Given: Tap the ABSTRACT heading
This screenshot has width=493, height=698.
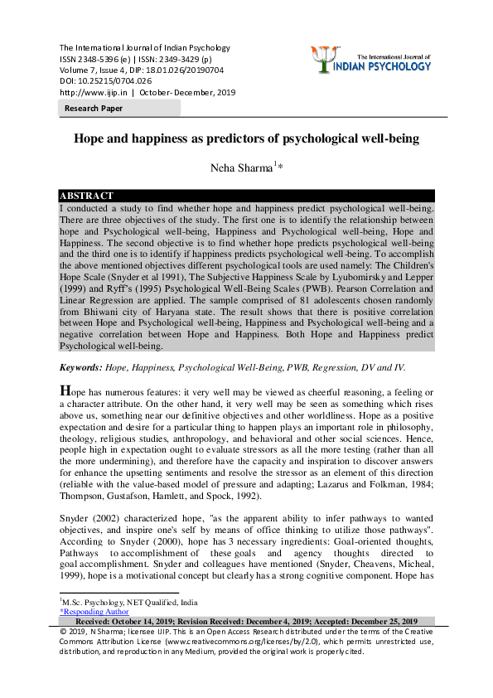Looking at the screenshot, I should point(88,196).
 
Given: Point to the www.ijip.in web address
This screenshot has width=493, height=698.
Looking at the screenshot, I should point(87,93).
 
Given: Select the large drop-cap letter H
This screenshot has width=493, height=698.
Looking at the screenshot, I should point(65,390).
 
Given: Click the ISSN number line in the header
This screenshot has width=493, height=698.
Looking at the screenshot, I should point(141,59).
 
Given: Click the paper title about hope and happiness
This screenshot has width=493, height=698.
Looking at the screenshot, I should point(246,138).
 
